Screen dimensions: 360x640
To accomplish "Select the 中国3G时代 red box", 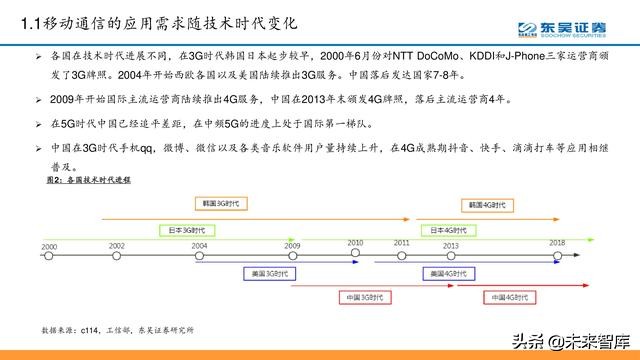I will click(x=325, y=297).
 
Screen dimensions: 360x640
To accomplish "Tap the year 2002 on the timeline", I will click(x=117, y=245).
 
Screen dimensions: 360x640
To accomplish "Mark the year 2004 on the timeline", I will click(x=200, y=245).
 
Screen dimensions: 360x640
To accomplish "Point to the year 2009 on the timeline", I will click(x=291, y=245).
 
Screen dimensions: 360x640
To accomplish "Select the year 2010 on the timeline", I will click(x=355, y=242).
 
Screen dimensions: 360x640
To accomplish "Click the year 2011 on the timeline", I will click(x=402, y=242).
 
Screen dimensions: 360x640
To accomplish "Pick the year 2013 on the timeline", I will click(x=451, y=245).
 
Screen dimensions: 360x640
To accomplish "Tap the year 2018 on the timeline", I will click(x=556, y=242).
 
